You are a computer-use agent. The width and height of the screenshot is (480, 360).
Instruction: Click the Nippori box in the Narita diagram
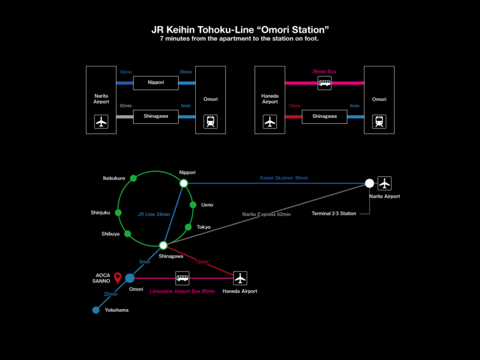pos(156,83)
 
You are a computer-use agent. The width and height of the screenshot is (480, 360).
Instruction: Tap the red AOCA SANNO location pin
pos(118,277)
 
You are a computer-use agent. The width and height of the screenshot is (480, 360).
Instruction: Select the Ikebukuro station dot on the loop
pos(133,178)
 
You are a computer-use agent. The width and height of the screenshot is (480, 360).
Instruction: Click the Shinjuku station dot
pos(118,213)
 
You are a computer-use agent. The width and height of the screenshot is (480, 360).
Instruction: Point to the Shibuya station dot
pos(127,234)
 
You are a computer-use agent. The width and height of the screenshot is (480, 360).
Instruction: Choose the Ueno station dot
pos(193,204)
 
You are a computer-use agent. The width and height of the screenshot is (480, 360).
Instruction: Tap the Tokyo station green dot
pos(188,227)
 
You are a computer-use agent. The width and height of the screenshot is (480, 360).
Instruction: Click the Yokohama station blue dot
pos(96,310)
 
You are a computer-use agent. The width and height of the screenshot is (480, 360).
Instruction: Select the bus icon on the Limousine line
pos(182,278)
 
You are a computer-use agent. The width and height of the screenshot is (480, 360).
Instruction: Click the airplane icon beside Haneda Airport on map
pos(241,278)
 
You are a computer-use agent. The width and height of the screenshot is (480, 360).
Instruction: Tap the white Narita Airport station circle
pos(369,183)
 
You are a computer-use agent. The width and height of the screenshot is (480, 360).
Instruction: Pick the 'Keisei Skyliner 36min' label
pos(284,178)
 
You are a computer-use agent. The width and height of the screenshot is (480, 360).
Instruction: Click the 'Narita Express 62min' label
pos(266,214)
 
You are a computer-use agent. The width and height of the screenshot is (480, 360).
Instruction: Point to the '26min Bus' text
pos(324,71)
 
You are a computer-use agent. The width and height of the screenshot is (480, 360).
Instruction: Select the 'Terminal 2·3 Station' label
pos(334,214)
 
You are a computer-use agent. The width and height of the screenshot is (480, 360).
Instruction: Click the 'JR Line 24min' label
pos(154,214)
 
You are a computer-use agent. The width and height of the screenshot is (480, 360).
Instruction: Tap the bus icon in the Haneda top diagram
pos(324,83)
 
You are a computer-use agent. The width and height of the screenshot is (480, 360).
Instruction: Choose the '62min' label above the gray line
pos(126,106)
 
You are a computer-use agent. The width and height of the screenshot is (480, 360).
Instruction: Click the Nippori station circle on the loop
pos(183,183)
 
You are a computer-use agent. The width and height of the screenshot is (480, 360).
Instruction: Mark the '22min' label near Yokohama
pos(111,294)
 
